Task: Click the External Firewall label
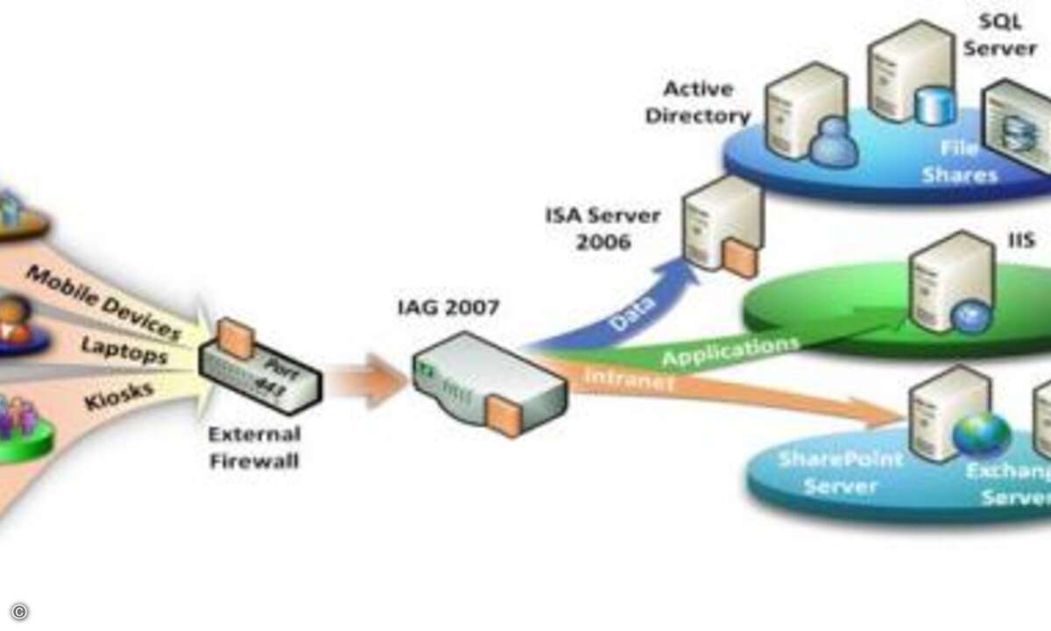[x=254, y=447]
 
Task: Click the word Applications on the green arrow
[x=730, y=351]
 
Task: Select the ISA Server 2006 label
[x=603, y=228]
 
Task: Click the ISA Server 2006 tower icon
[x=721, y=225]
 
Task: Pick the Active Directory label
[x=698, y=103]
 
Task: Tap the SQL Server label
[x=999, y=35]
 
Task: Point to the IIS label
[x=1021, y=240]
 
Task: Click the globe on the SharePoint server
[x=982, y=435]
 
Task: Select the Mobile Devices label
[x=103, y=302]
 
